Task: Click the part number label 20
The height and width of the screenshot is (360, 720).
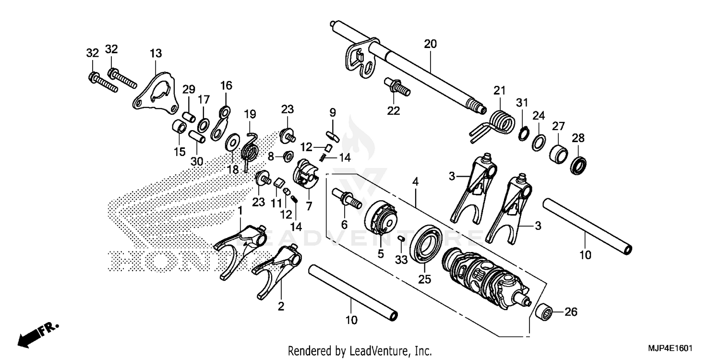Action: tap(430, 44)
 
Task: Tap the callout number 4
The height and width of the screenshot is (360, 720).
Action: tap(416, 182)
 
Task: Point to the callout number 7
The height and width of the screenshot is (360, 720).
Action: tap(309, 206)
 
